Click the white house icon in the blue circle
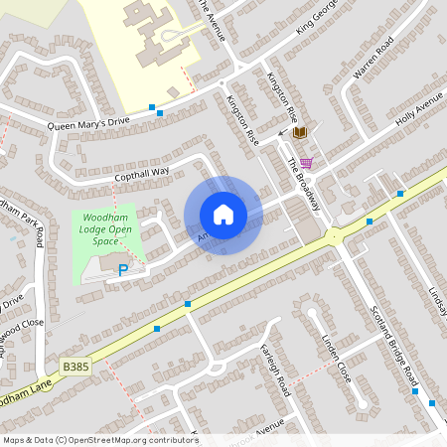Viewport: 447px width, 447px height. [223, 215]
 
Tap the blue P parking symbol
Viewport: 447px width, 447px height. [123, 269]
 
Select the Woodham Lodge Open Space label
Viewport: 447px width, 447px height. [106, 230]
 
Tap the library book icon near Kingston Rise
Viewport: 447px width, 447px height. [300, 132]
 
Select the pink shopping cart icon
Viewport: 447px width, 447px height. [306, 163]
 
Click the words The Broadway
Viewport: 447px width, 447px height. [304, 184]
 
